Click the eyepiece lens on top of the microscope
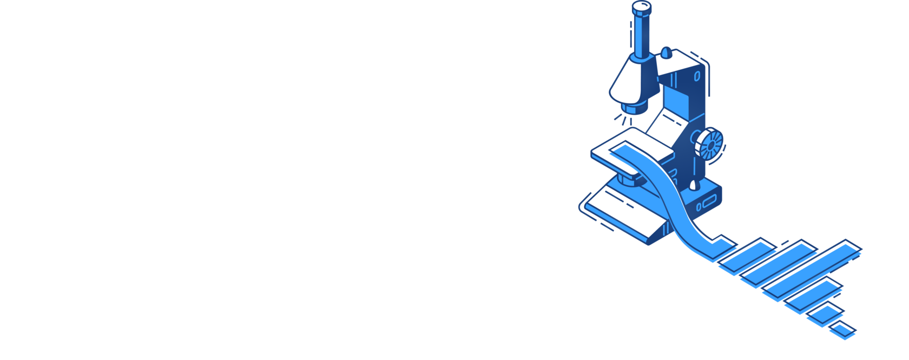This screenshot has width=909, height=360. tap(642, 6)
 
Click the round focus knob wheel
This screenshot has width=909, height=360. tap(709, 143)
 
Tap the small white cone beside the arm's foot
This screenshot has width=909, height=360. tap(693, 185)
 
